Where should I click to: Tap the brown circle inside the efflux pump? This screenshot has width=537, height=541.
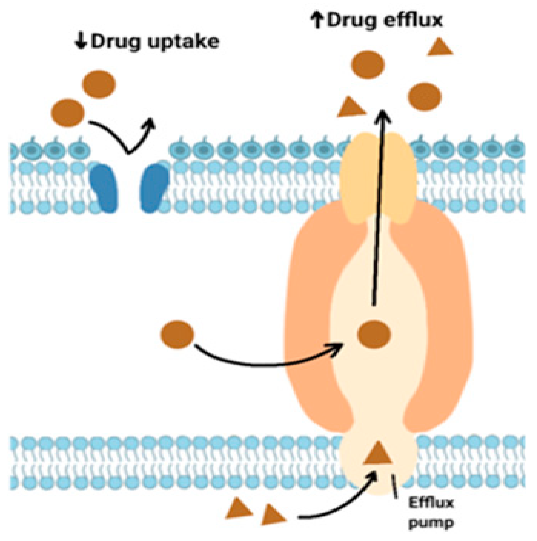(x=374, y=334)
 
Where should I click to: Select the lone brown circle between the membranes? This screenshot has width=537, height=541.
(x=177, y=334)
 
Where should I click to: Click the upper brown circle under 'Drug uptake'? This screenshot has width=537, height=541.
(x=99, y=84)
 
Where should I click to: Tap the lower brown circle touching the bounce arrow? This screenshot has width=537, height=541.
(x=68, y=113)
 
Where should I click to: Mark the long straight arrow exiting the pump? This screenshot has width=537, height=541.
(x=378, y=210)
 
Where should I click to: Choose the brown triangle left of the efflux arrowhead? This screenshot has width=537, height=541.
(x=351, y=108)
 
